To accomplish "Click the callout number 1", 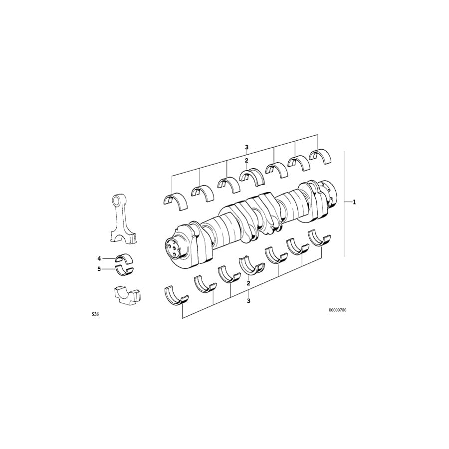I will click(354, 202).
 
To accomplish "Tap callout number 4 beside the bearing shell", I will click(99, 258).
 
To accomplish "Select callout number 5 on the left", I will click(99, 269).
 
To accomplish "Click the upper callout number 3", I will click(246, 148).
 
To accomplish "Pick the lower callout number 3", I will click(248, 301).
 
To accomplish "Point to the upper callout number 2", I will click(246, 161).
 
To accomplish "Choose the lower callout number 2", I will click(248, 283).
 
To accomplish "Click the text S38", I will click(95, 315).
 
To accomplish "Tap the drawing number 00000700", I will click(338, 310).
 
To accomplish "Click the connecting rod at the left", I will click(121, 218).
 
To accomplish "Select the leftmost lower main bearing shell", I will click(176, 295).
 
